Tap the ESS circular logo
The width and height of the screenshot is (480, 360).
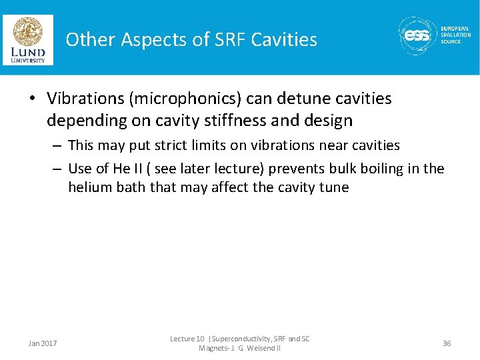point(417,36)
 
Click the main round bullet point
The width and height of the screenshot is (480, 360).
point(32,99)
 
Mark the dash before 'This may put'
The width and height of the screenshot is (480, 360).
point(57,145)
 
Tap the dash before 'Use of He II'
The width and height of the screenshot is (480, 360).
point(57,169)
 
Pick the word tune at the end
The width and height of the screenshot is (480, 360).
point(334,187)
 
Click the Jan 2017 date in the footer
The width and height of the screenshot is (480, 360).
point(43,343)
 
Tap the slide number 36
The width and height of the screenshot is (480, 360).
point(447,343)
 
